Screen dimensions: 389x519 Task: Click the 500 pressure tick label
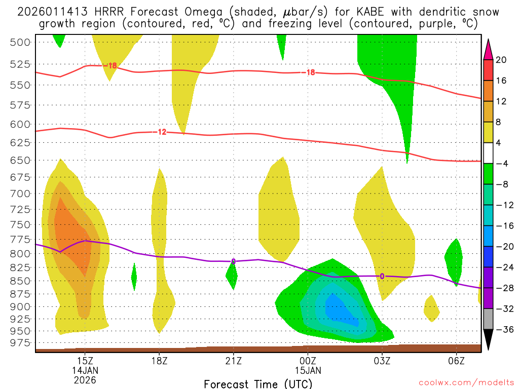(x=20, y=42)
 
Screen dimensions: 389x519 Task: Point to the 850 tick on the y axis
(x=20, y=281)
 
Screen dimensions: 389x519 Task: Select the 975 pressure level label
(x=20, y=343)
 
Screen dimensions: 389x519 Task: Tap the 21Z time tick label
(x=233, y=361)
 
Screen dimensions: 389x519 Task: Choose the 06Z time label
(x=456, y=361)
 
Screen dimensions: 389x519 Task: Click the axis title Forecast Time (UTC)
(x=258, y=383)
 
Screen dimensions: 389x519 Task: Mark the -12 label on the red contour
(x=161, y=132)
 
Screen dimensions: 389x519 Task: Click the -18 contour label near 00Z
(x=309, y=72)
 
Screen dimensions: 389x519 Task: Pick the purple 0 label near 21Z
(x=233, y=261)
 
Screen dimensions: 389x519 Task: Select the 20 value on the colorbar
(x=501, y=60)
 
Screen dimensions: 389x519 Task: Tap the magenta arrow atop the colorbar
(x=489, y=49)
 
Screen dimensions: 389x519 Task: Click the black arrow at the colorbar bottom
(x=489, y=340)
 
